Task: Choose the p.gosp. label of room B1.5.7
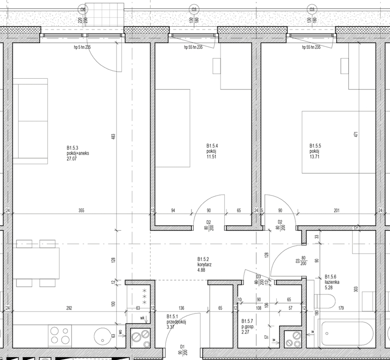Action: [x=249, y=327]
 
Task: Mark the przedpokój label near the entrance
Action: [x=177, y=322]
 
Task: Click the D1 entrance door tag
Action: [x=181, y=347]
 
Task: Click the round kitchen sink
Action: [x=102, y=336]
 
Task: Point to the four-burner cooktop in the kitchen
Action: [x=59, y=336]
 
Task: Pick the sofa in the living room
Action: [x=30, y=121]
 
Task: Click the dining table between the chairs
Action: [x=37, y=263]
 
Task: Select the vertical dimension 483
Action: [x=113, y=136]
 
